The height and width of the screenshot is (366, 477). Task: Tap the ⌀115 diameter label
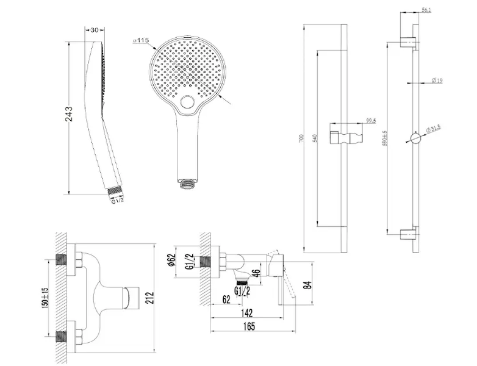pos(141,40)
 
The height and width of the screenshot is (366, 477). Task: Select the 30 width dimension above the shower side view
pos(96,30)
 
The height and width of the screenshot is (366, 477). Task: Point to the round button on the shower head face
pos(188,102)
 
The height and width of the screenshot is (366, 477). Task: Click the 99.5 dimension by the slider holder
pos(370,121)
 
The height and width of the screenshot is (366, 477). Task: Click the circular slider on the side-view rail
pos(415,138)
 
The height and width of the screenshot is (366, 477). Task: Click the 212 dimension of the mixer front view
pos(150,297)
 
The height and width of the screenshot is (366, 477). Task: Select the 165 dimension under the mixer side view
pos(248,327)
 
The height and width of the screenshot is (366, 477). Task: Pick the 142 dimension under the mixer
pos(248,312)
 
